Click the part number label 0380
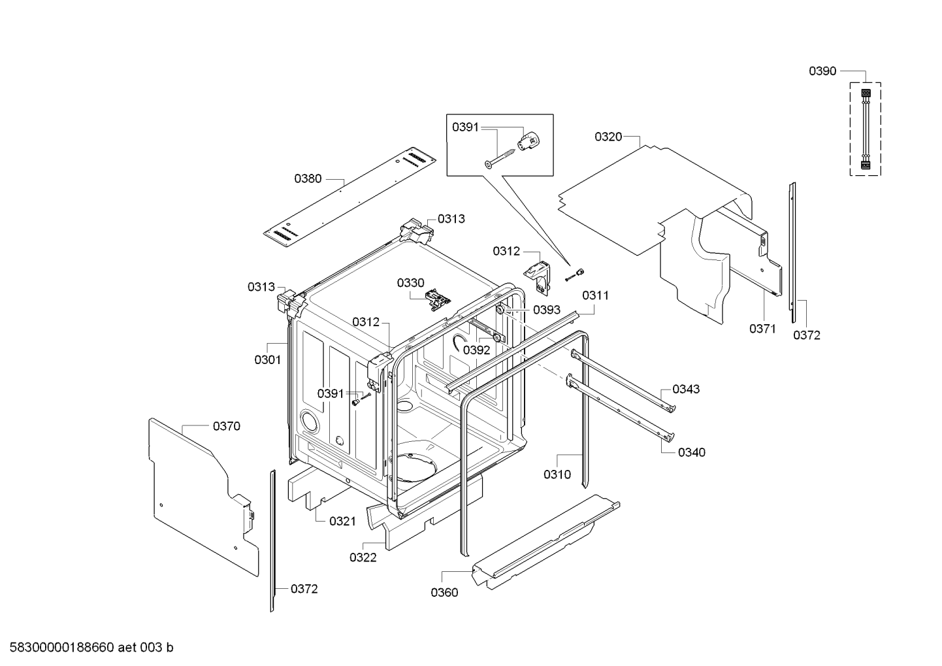coord(308,178)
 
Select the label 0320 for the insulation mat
coord(608,137)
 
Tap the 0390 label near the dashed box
coord(822,71)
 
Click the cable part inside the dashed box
coord(865,129)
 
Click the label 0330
coord(410,283)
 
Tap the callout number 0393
coord(546,310)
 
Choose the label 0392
coord(476,350)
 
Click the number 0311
coord(595,295)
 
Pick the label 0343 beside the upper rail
coord(686,389)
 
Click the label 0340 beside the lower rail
coord(691,452)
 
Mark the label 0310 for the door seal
coord(557,475)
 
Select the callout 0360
coord(444,593)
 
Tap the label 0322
coord(363,558)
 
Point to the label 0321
coord(342,521)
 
